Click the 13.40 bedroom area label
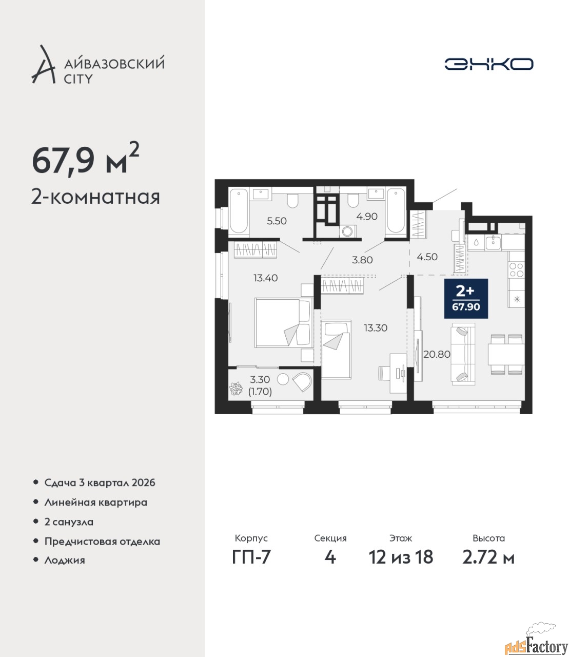[x=265, y=278]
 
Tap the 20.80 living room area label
[x=437, y=354]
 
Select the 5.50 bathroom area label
[x=277, y=221]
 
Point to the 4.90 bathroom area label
[x=367, y=217]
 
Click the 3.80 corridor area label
[x=362, y=260]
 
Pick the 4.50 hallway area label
[x=427, y=257]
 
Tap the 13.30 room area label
[x=376, y=327]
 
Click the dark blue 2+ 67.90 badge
[x=466, y=298]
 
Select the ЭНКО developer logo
[x=488, y=64]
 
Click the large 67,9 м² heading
[x=86, y=162]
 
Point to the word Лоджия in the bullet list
[x=65, y=560]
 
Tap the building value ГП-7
[x=251, y=557]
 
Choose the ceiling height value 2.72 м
[x=488, y=557]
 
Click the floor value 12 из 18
[x=401, y=557]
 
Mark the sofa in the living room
[x=463, y=354]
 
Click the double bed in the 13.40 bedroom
[x=283, y=323]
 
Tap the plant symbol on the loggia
[x=236, y=389]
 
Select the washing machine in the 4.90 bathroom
[x=348, y=231]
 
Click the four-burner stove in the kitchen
[x=516, y=270]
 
